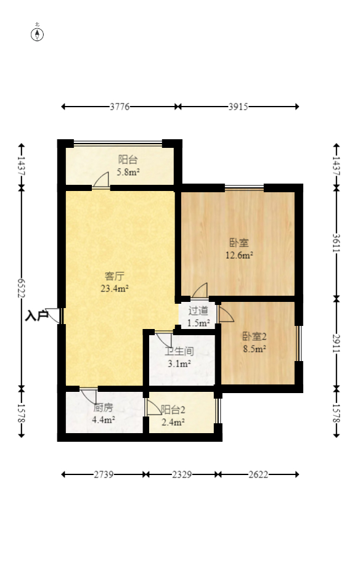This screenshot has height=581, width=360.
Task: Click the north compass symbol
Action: pos(38,33)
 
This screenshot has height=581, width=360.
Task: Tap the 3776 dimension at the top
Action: pos(120,107)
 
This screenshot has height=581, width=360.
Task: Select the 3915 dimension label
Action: pos(238,107)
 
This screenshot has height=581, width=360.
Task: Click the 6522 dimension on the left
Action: pos(22,288)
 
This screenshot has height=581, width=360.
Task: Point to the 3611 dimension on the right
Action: pos(336,242)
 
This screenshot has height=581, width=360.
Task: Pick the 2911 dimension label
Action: pos(336,343)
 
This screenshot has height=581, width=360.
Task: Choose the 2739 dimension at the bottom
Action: pos(104,474)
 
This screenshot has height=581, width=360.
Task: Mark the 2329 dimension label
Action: pos(182,474)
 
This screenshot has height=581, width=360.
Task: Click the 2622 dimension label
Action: pos(259,474)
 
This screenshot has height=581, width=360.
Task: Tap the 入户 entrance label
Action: pos(37,316)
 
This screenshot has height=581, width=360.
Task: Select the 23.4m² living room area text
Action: pos(115,287)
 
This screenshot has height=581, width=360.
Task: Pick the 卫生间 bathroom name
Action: pos(179,352)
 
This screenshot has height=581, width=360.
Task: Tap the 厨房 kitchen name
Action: pos(103,408)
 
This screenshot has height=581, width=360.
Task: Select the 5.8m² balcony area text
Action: pos(128,172)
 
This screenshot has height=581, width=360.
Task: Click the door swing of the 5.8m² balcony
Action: pos(101,181)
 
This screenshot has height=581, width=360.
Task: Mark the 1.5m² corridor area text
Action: pos(198,322)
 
